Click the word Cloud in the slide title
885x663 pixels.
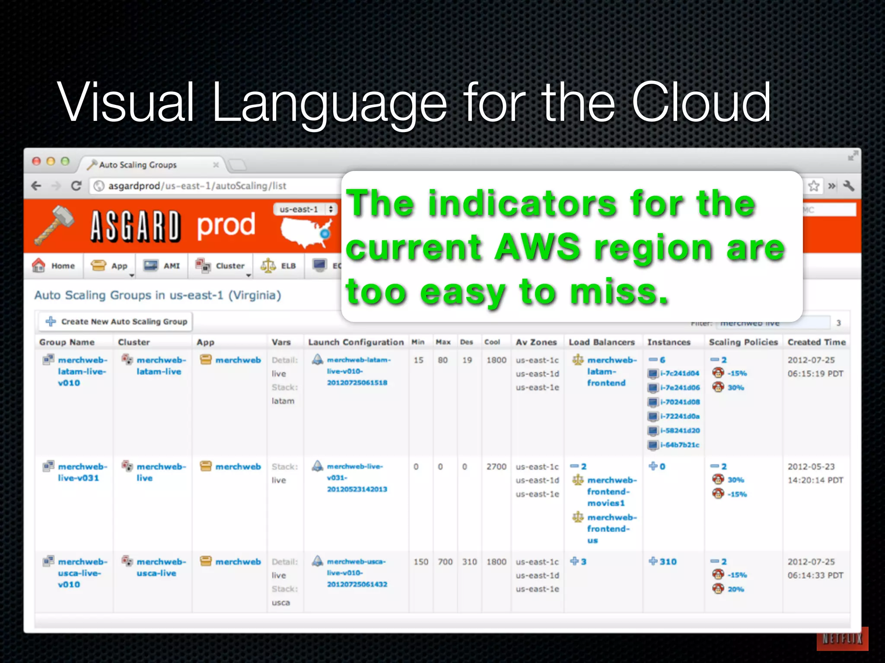(701, 103)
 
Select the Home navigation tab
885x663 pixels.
(54, 266)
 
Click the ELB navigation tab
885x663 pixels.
(279, 266)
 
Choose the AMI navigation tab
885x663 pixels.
(162, 266)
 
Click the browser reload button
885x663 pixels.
(76, 186)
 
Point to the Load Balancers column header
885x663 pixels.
(602, 342)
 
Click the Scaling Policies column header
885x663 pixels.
(743, 342)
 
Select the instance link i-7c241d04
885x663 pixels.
(679, 373)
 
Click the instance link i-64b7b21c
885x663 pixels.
(679, 445)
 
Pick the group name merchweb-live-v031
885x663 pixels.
(79, 472)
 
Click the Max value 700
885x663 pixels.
(445, 562)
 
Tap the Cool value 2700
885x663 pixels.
(496, 467)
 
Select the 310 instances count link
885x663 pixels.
(668, 562)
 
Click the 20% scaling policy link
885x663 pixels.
(735, 589)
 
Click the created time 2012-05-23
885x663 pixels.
(811, 467)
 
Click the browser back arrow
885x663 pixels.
(37, 186)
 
